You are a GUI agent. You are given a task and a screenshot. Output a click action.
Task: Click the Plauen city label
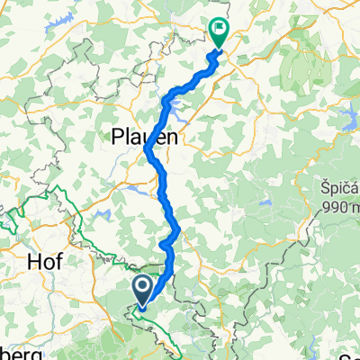(x=144, y=137)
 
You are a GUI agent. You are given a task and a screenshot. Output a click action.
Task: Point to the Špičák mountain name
(x=337, y=190)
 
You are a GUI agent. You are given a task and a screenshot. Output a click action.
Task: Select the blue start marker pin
(x=142, y=289)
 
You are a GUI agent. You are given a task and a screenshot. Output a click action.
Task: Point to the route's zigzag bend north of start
(x=166, y=243)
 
